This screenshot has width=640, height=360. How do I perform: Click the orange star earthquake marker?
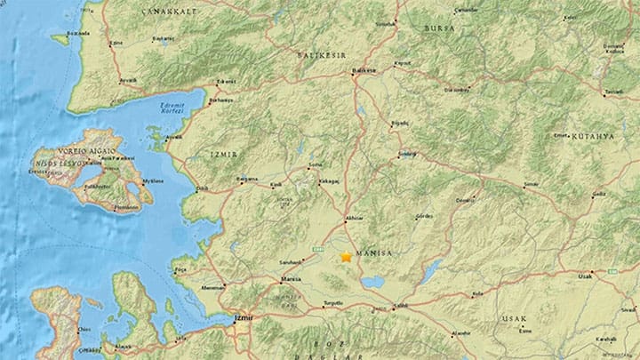(346, 257)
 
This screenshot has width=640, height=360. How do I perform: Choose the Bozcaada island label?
(77, 32)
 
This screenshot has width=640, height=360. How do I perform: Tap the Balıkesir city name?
(364, 70)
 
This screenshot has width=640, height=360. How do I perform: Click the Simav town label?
(532, 184)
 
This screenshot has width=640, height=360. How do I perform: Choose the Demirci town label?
(466, 202)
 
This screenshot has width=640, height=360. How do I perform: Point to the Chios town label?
(84, 330)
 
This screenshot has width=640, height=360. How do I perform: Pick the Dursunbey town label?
(456, 90)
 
